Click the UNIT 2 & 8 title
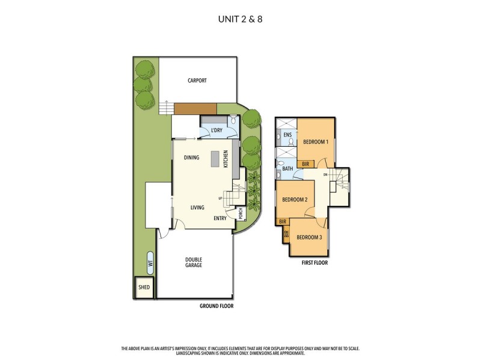pyautogui.click(x=240, y=19)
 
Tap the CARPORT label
pyautogui.click(x=197, y=81)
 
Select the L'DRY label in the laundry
pyautogui.click(x=218, y=131)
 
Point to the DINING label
pyautogui.click(x=192, y=158)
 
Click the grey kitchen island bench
pyautogui.click(x=215, y=161)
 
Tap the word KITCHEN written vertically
pyautogui.click(x=226, y=159)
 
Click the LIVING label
pyautogui.click(x=197, y=208)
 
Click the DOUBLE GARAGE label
pyautogui.click(x=194, y=262)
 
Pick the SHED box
pyautogui.click(x=144, y=287)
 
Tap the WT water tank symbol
pyautogui.click(x=150, y=262)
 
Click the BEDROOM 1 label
pyautogui.click(x=315, y=142)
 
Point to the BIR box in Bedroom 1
pyautogui.click(x=305, y=164)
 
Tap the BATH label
pyautogui.click(x=287, y=169)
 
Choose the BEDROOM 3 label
pyautogui.click(x=309, y=237)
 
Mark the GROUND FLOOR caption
pyautogui.click(x=216, y=306)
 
